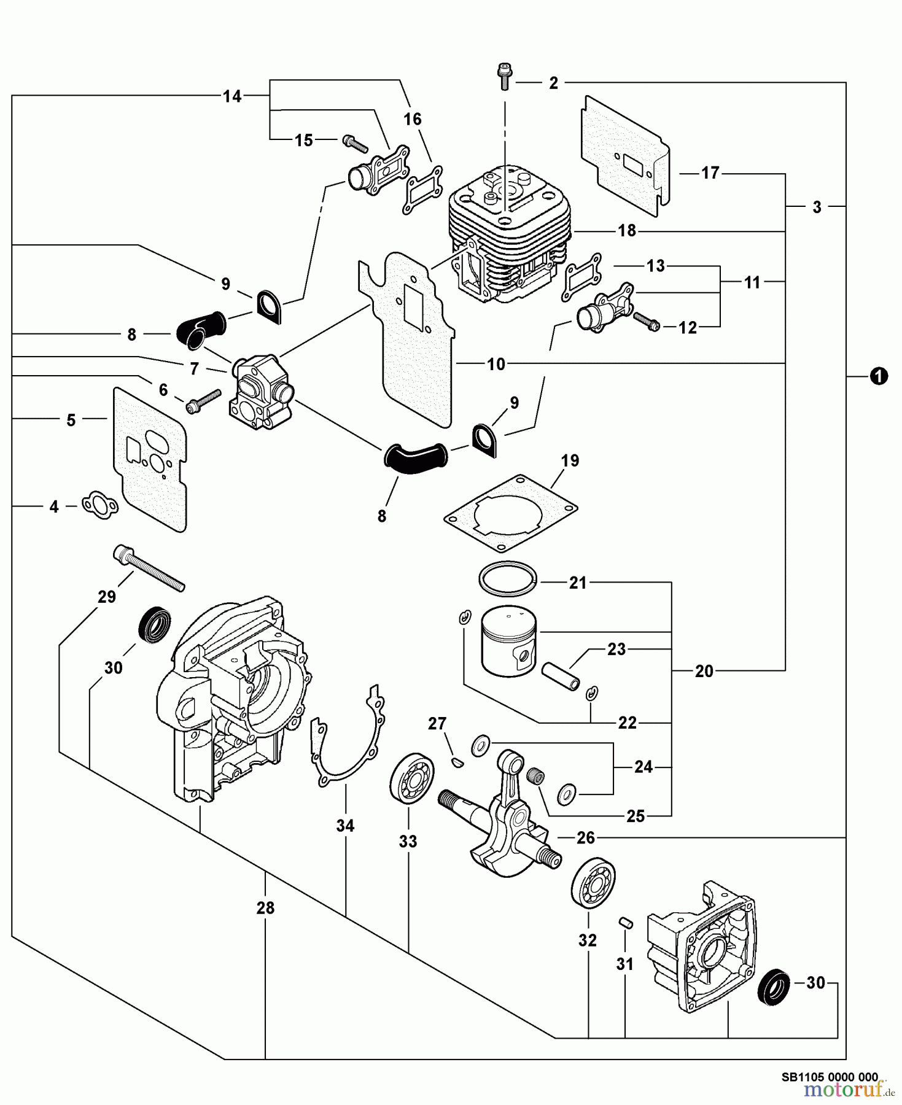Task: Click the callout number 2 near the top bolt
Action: click(x=553, y=83)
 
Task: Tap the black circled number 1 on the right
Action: click(x=879, y=376)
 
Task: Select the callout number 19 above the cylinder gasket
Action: click(x=570, y=460)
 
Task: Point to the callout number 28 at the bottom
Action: click(x=265, y=907)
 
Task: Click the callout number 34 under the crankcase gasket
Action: click(x=345, y=826)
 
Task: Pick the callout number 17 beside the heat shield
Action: click(x=710, y=173)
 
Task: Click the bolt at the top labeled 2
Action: click(x=505, y=76)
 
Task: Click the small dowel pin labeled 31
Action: click(x=626, y=921)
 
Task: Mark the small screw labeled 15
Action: click(x=355, y=143)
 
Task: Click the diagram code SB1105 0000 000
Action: click(x=830, y=1076)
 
